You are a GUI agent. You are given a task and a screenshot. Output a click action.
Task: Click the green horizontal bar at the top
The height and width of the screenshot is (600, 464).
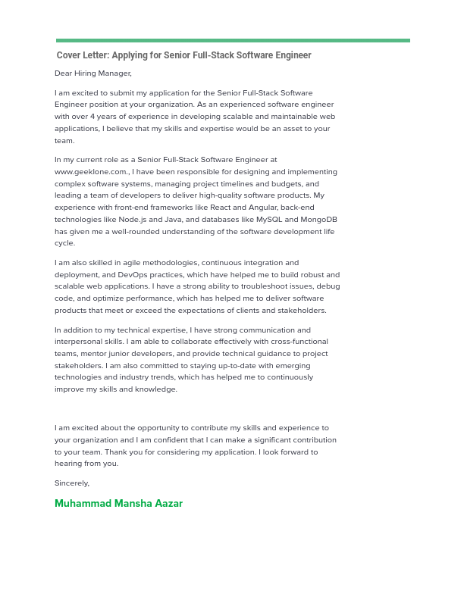232,40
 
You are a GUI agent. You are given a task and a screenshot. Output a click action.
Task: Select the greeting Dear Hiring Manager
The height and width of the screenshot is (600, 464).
93,73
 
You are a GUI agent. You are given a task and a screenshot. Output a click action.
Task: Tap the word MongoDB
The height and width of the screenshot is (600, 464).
319,220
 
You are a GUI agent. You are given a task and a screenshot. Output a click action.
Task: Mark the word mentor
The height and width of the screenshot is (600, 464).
91,354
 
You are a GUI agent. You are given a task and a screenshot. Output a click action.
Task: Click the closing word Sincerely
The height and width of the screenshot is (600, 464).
72,483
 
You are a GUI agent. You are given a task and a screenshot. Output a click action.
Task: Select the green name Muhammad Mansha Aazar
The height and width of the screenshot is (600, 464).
118,504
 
